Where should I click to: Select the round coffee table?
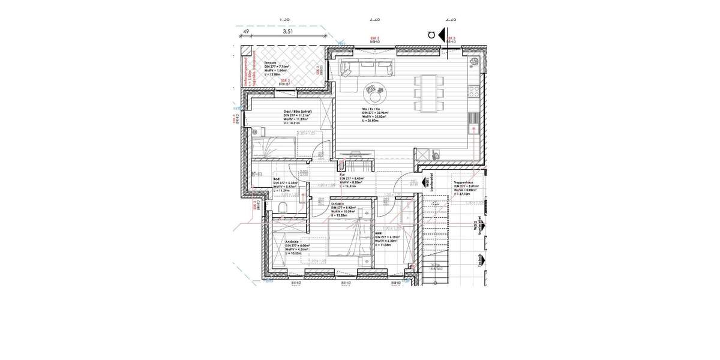pos(377,94)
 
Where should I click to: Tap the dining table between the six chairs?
pos(429,93)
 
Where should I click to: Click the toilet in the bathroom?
pos(282,208)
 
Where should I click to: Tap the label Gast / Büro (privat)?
pos(298,112)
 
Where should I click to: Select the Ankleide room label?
pos(293,241)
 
